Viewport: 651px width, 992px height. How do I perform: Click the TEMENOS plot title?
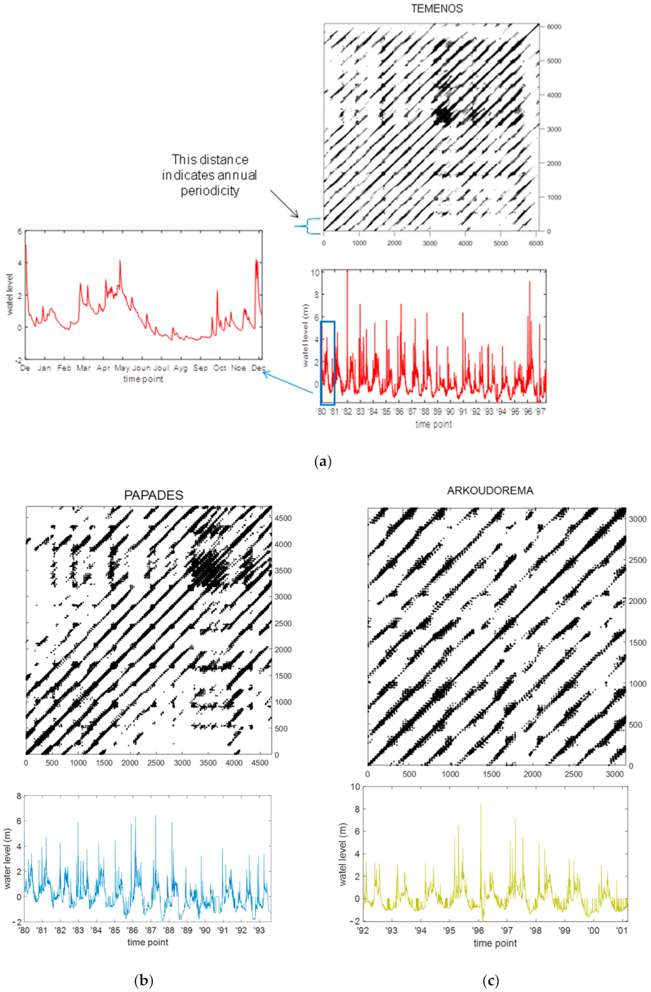[x=436, y=8]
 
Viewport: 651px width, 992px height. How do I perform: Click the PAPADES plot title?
[x=154, y=495]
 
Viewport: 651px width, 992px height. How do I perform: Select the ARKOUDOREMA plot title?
[x=490, y=491]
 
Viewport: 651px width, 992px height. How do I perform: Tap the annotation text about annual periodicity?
[x=209, y=175]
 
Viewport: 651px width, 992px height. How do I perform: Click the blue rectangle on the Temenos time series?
[x=328, y=363]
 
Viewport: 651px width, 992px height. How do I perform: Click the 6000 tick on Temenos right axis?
[x=554, y=27]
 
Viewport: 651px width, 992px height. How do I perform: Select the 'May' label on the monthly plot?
[x=122, y=368]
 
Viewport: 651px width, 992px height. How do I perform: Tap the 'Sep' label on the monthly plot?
[x=201, y=368]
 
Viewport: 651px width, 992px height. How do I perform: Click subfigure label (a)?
[x=323, y=461]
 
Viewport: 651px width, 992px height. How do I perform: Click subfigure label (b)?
[x=144, y=981]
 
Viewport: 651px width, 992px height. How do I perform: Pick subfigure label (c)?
[x=490, y=981]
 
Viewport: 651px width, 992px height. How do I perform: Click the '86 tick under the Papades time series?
[x=133, y=930]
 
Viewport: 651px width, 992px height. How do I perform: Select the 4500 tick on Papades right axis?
[x=283, y=518]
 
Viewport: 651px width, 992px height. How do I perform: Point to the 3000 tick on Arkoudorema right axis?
[x=637, y=519]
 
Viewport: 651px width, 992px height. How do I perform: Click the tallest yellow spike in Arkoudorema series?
[x=480, y=806]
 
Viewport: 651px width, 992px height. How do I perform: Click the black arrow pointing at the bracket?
[x=284, y=204]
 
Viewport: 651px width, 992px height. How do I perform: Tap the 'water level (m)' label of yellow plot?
[x=342, y=854]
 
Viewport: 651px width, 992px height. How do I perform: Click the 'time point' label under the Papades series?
[x=148, y=942]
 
